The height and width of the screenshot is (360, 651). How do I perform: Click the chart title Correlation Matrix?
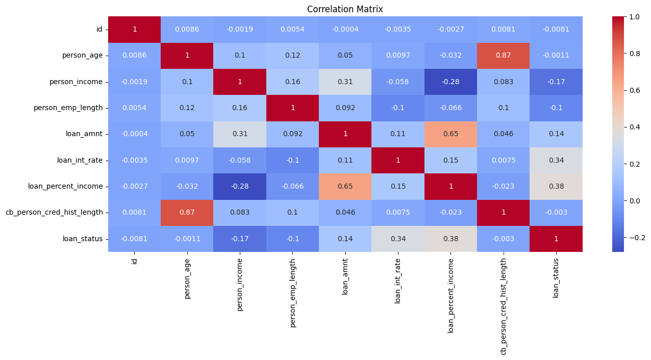click(x=345, y=9)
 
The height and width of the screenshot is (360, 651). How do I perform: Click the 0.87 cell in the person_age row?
click(x=503, y=56)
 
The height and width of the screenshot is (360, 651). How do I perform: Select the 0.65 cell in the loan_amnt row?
click(x=450, y=134)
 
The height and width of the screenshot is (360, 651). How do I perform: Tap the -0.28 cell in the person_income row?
click(x=450, y=82)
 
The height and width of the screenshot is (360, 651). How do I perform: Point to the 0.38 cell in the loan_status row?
click(x=450, y=239)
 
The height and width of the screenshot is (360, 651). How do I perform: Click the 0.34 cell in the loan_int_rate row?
click(x=556, y=160)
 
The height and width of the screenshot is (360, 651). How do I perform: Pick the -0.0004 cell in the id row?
click(x=345, y=30)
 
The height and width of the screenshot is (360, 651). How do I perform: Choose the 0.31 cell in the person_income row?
click(x=345, y=82)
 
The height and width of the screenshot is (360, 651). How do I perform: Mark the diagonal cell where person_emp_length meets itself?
click(x=292, y=108)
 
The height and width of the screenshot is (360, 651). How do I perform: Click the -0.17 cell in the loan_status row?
click(x=240, y=239)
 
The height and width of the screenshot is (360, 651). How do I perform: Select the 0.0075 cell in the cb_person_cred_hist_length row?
click(x=398, y=212)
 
